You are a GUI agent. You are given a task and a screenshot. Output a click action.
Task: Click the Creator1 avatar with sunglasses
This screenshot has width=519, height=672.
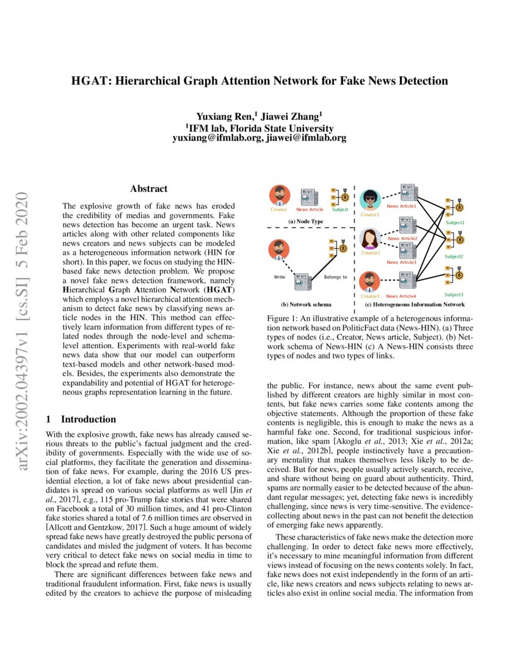point(370,200)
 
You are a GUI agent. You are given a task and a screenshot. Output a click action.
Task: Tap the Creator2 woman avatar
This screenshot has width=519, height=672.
point(370,239)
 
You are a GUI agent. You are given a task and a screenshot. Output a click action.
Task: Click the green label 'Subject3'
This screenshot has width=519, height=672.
point(454,295)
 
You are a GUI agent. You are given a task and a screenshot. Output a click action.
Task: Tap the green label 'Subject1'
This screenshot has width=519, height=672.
point(455,223)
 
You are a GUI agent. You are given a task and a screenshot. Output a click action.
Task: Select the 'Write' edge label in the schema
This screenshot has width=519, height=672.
point(279,277)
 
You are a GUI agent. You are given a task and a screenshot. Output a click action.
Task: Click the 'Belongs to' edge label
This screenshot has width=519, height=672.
point(335,277)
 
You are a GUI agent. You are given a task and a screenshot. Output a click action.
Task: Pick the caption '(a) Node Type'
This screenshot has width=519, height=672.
point(306,221)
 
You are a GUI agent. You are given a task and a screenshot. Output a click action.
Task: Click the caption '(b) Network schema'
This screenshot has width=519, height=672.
point(306,304)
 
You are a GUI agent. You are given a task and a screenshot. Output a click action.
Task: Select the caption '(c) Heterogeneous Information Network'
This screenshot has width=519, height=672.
point(415,304)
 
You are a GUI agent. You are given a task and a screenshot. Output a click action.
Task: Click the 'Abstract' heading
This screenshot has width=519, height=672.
point(148,189)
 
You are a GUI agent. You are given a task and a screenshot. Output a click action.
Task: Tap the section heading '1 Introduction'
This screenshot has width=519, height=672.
point(81,419)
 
